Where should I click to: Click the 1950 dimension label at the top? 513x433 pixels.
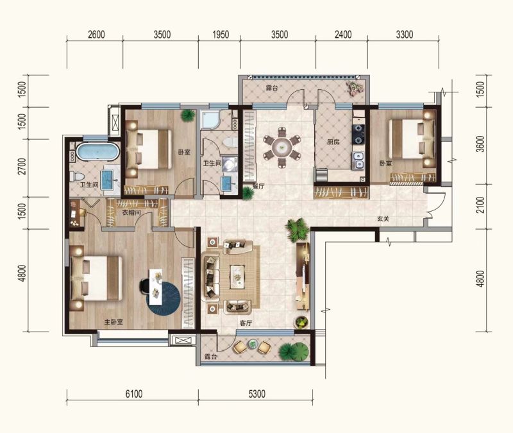pyautogui.click(x=221, y=35)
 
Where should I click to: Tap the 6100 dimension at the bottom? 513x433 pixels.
pyautogui.click(x=134, y=394)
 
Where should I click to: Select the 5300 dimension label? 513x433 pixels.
pyautogui.click(x=257, y=394)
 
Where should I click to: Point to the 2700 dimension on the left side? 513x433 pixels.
pyautogui.click(x=22, y=166)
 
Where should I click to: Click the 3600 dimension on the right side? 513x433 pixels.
pyautogui.click(x=480, y=144)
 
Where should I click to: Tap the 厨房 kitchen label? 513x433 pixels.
pyautogui.click(x=333, y=142)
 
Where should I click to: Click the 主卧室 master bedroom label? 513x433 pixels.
pyautogui.click(x=114, y=322)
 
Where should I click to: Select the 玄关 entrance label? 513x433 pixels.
pyautogui.click(x=383, y=219)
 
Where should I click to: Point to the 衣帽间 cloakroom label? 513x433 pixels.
pyautogui.click(x=131, y=213)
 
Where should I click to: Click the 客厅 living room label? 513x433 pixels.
pyautogui.click(x=246, y=323)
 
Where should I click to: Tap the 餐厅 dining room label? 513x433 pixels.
pyautogui.click(x=258, y=187)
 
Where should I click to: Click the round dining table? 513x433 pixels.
pyautogui.click(x=282, y=147)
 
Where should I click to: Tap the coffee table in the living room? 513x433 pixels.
pyautogui.click(x=238, y=277)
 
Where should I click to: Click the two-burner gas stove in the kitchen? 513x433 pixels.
pyautogui.click(x=358, y=134)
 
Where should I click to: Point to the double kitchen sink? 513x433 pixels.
pyautogui.click(x=358, y=161)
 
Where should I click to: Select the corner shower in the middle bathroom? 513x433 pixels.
pyautogui.click(x=210, y=119)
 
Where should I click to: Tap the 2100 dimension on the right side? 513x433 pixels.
pyautogui.click(x=480, y=205)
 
